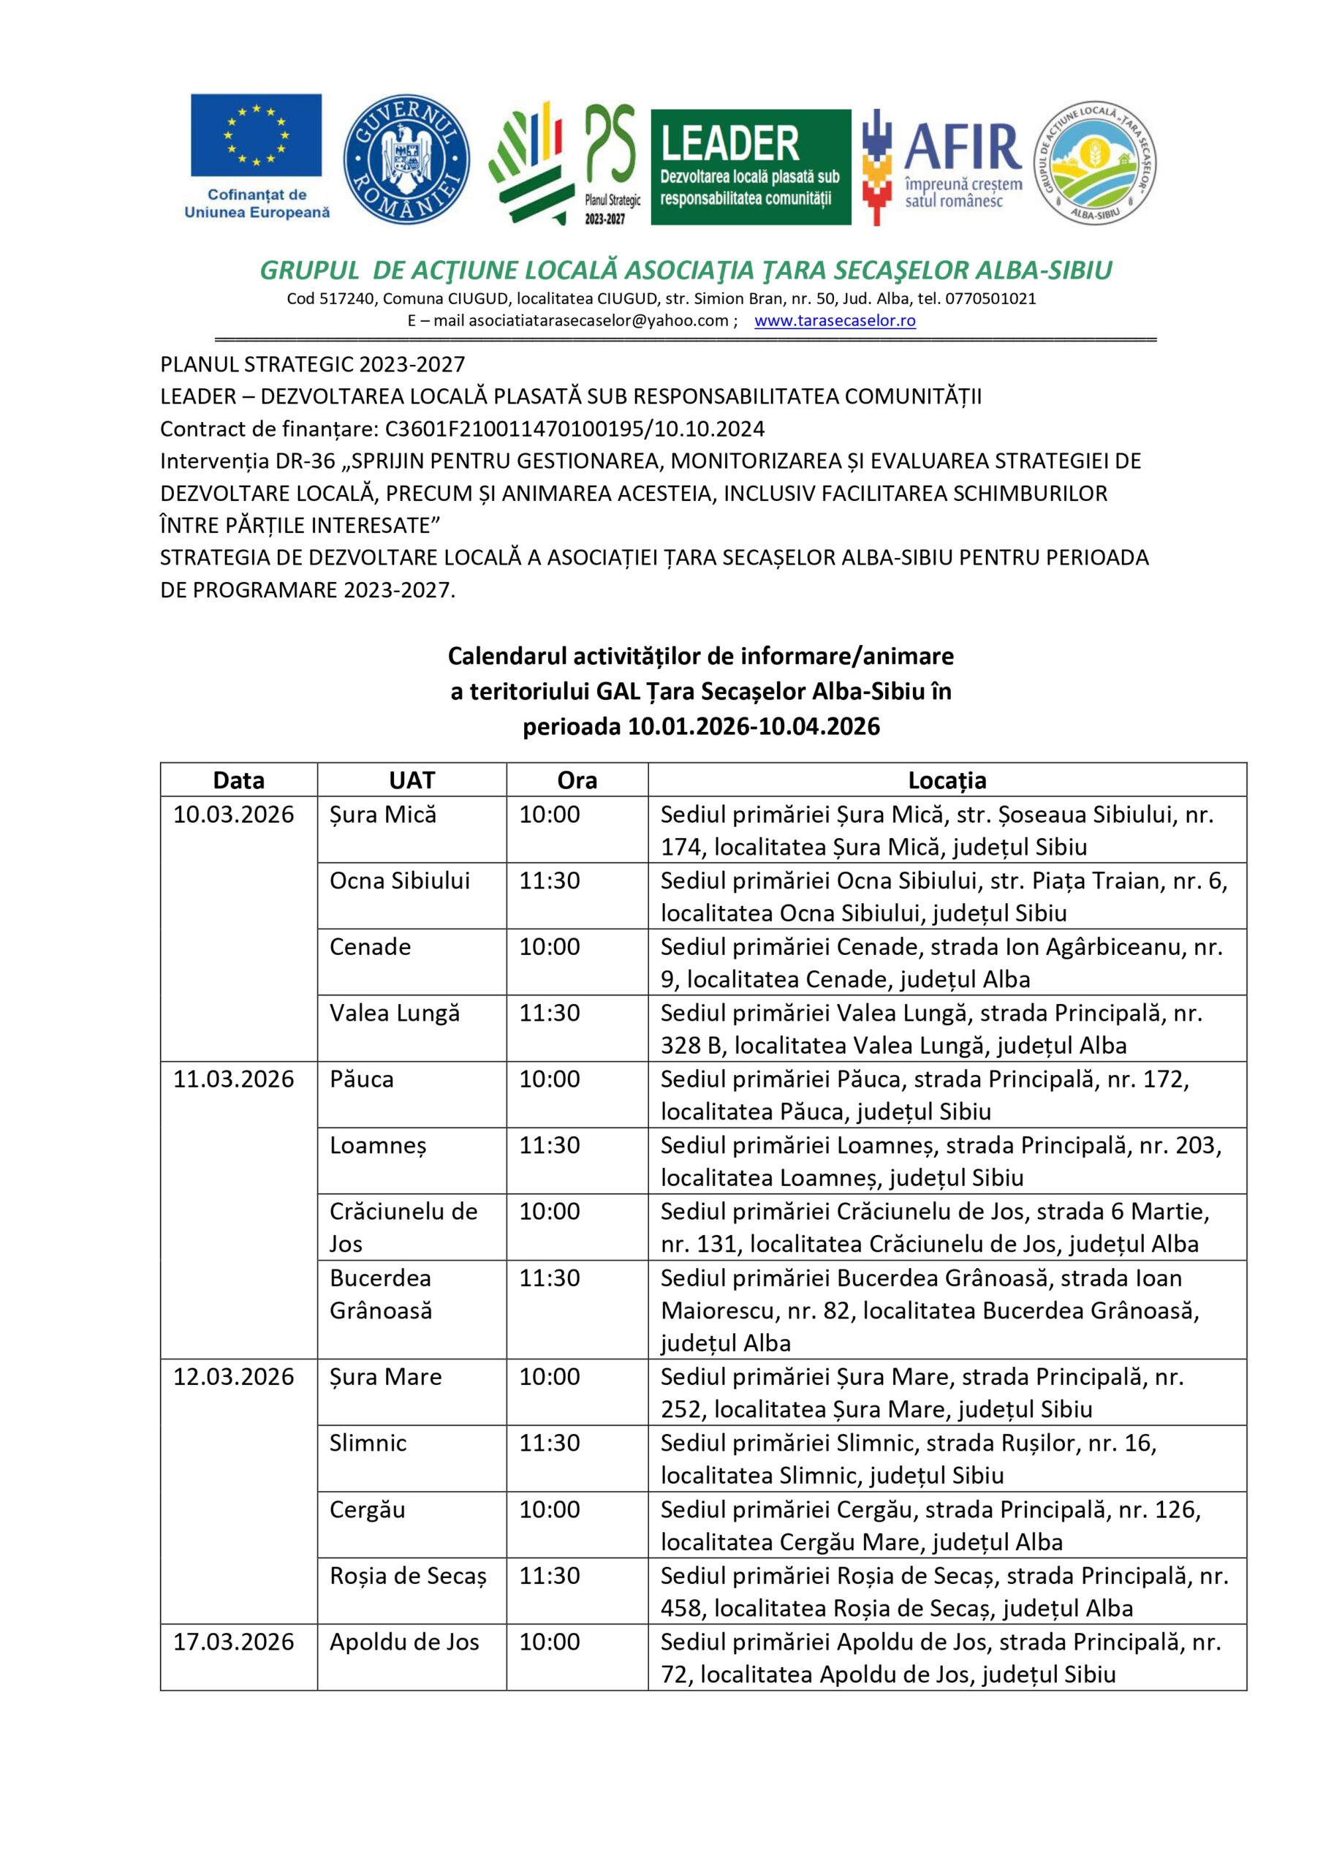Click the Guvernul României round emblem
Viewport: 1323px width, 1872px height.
coord(405,160)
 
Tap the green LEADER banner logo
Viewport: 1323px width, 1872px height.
coord(750,167)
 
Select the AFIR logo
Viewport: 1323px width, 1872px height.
coord(943,167)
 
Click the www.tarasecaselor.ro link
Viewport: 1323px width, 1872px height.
coord(835,320)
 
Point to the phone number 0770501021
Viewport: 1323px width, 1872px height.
coord(990,298)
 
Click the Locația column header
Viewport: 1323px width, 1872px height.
coord(947,780)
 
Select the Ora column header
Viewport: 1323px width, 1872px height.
coord(577,780)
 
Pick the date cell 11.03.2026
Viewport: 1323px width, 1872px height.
coord(233,1079)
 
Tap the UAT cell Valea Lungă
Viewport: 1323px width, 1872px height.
coord(395,1013)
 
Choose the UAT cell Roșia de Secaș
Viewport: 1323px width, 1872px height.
coord(408,1576)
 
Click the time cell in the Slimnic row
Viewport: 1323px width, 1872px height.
coord(550,1443)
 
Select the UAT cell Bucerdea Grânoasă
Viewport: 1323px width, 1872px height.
coord(381,1294)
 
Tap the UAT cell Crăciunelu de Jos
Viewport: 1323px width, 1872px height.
coord(403,1227)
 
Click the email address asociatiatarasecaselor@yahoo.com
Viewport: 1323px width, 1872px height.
coord(599,320)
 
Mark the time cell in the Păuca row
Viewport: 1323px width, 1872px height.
coord(550,1079)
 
